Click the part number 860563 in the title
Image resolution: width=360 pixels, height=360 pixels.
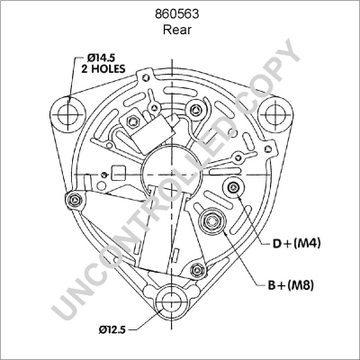[x=179, y=13]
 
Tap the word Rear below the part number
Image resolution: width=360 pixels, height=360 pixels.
[x=179, y=29]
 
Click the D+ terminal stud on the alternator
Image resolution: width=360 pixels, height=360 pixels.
[x=235, y=187]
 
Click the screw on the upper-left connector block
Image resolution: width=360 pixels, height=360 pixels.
[x=132, y=121]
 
